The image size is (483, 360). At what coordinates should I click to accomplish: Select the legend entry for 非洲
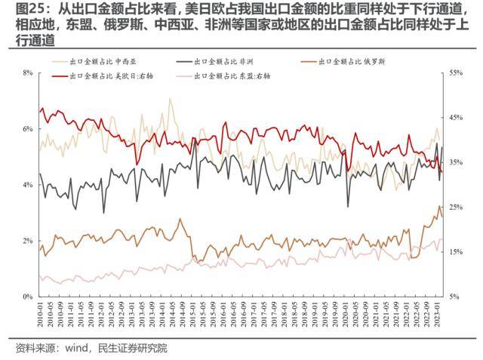[232, 60]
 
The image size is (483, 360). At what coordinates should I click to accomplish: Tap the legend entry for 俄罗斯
[355, 60]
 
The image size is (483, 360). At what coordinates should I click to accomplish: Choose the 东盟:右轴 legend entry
[232, 76]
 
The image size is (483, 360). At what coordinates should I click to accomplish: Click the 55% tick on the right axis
[456, 72]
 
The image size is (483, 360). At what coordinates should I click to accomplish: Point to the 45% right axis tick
[456, 118]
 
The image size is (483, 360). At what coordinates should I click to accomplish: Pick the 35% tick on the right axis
[456, 162]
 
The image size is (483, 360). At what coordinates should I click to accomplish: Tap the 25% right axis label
[456, 207]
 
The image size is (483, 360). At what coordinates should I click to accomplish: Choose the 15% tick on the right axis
[456, 252]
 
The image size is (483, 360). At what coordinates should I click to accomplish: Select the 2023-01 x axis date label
[435, 315]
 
